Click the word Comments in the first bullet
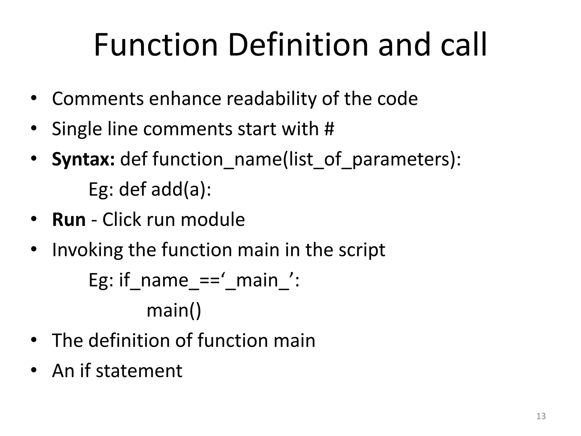pyautogui.click(x=98, y=99)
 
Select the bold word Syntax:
pyautogui.click(x=83, y=159)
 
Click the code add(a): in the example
pyautogui.click(x=181, y=189)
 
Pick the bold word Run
pyautogui.click(x=69, y=220)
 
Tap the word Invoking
pyautogui.click(x=87, y=250)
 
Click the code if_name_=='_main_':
pyautogui.click(x=209, y=280)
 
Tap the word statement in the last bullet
pyautogui.click(x=139, y=371)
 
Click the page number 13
pyautogui.click(x=541, y=416)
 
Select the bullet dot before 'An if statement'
pyautogui.click(x=34, y=370)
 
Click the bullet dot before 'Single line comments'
pyautogui.click(x=34, y=128)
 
